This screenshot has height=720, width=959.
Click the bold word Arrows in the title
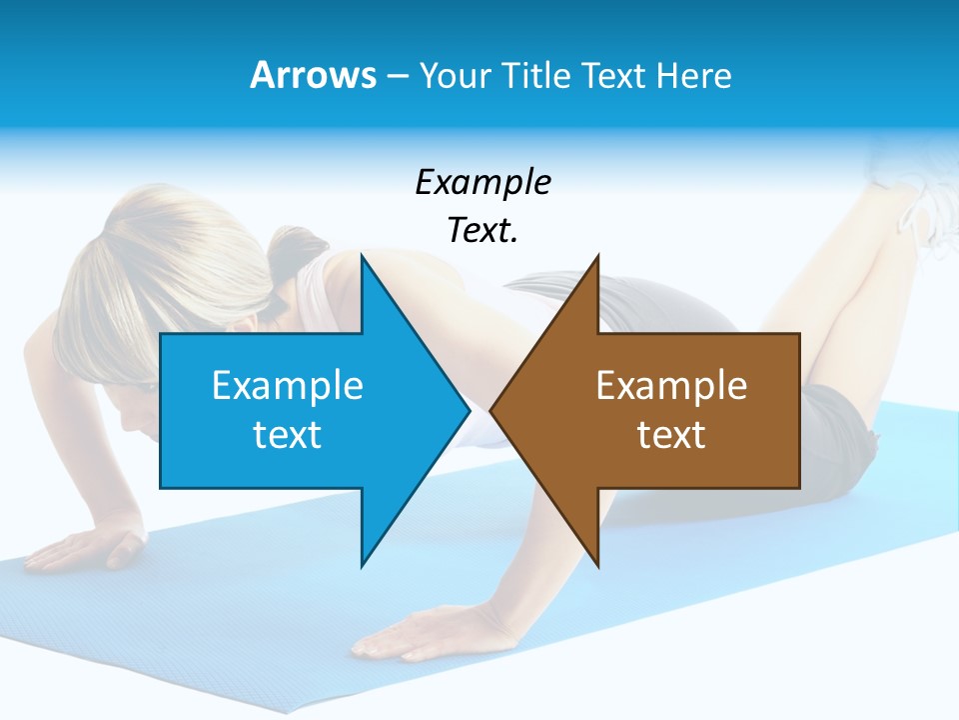(313, 75)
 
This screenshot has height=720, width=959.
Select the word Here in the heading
(694, 75)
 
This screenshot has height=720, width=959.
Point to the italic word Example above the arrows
(482, 183)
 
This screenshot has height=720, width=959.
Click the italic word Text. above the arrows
(482, 231)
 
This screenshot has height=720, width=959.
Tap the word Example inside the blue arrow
(288, 386)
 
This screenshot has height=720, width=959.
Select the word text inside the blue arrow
(288, 435)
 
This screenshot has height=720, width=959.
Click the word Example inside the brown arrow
(671, 386)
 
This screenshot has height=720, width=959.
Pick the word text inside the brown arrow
(671, 435)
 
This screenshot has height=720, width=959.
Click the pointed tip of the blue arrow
(469, 410)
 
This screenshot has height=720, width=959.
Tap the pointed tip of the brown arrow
(491, 410)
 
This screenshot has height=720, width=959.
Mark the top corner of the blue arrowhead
(362, 257)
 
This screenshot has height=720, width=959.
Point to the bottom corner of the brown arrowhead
(597, 566)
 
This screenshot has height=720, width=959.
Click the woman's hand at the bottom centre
(410, 635)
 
